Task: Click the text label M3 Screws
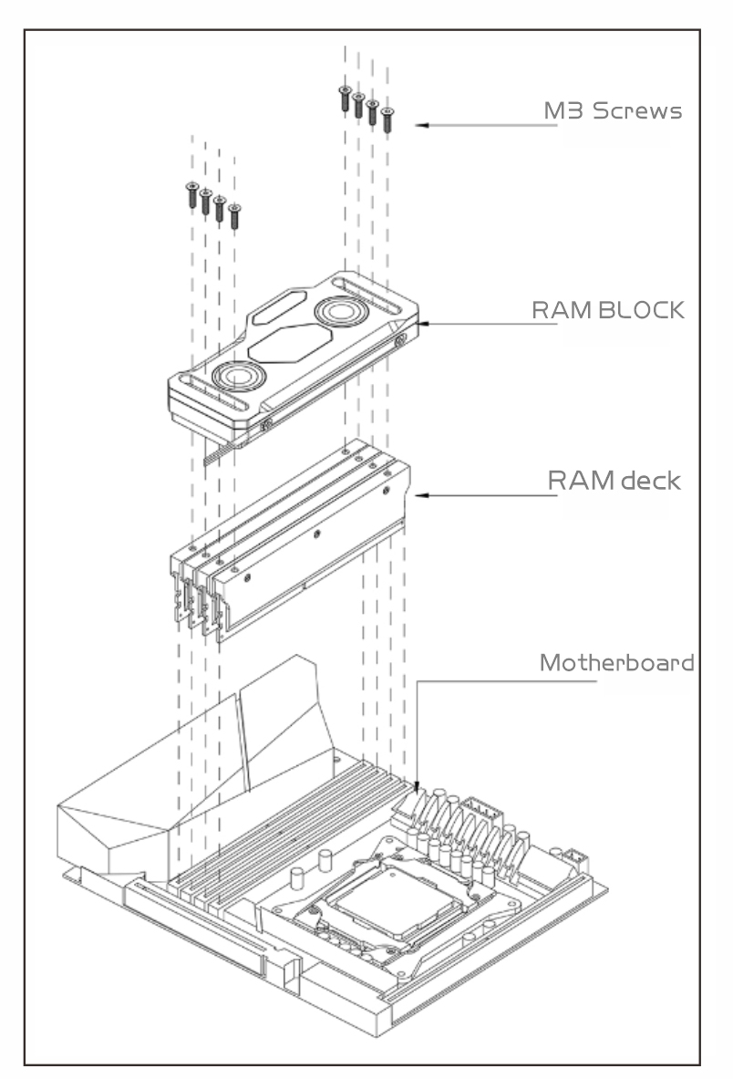click(613, 110)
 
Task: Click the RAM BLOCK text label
click(608, 310)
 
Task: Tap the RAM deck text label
click(614, 481)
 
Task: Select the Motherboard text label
click(616, 663)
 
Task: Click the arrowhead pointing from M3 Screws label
click(422, 125)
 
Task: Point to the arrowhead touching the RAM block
click(422, 324)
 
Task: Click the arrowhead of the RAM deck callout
click(421, 495)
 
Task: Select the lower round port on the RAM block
click(239, 377)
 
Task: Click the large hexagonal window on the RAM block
click(290, 344)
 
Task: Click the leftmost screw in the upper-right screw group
click(346, 99)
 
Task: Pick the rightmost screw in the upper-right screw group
click(387, 120)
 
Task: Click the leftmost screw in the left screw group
click(192, 195)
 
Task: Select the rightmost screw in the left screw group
click(234, 216)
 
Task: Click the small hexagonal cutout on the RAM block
click(278, 307)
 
